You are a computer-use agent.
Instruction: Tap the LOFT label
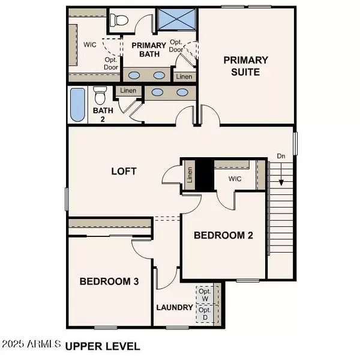tap(124, 171)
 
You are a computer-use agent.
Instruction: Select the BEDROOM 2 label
tap(223, 236)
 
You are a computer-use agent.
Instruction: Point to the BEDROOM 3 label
tap(110, 281)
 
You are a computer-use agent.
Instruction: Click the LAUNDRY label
tap(175, 308)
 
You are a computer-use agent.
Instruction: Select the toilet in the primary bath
tap(121, 19)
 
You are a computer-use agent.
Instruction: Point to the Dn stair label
tap(280, 156)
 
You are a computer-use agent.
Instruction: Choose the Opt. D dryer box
tap(205, 314)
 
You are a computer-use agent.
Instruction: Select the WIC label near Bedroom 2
tap(235, 179)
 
